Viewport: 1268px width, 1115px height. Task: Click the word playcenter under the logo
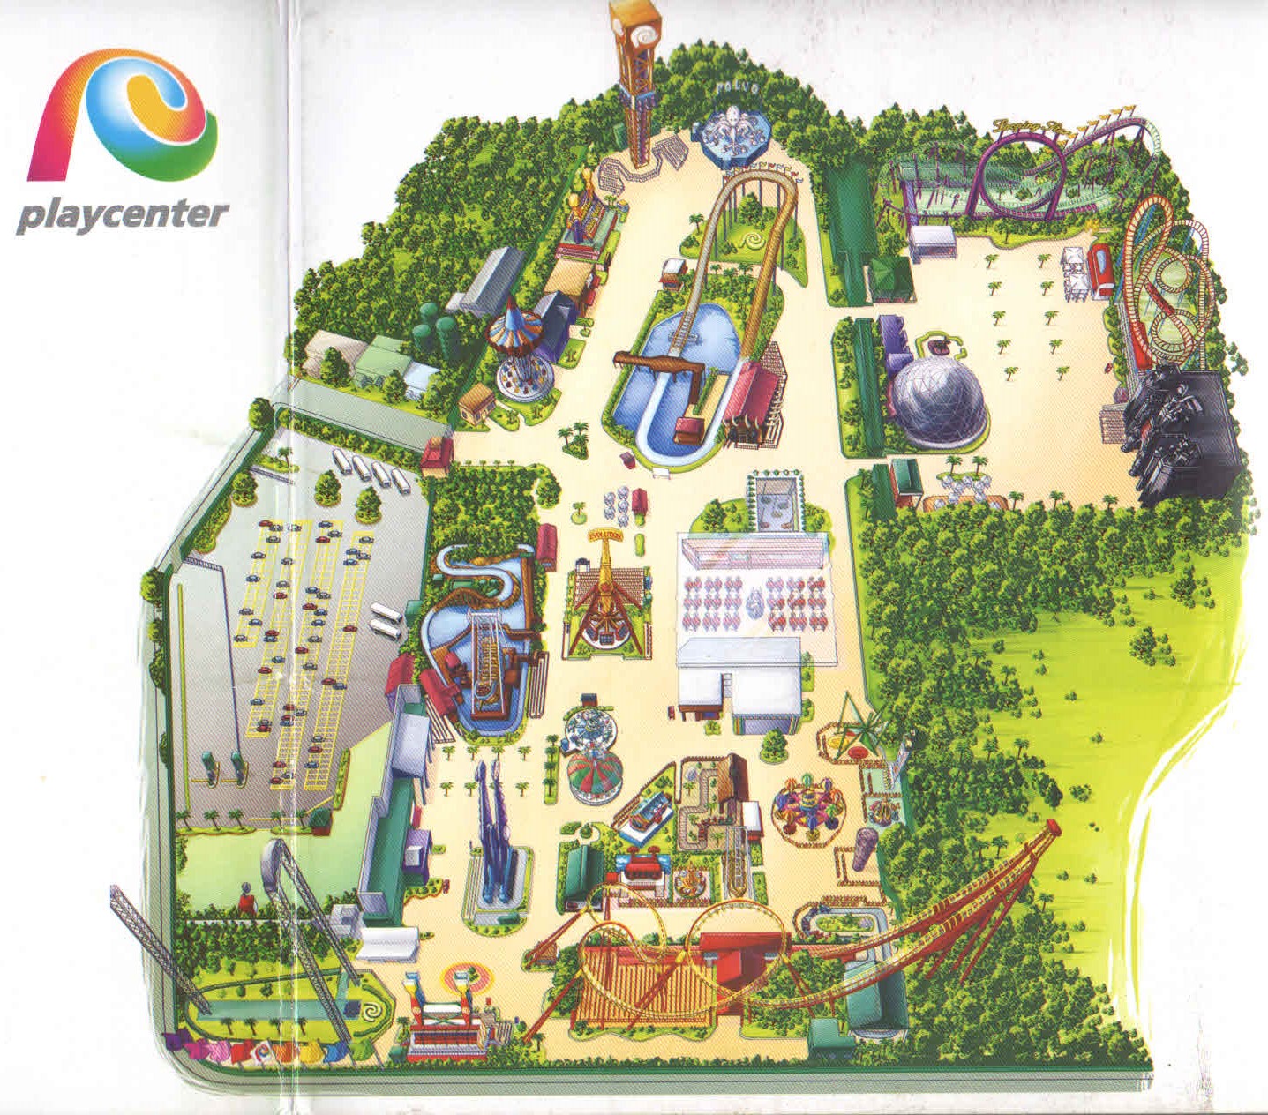[122, 214]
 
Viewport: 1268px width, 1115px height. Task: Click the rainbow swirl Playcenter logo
[124, 123]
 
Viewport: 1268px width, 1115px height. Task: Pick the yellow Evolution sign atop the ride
[607, 535]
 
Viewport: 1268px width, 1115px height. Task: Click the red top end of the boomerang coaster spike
[1053, 826]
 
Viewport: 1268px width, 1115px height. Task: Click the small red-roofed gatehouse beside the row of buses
[437, 455]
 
